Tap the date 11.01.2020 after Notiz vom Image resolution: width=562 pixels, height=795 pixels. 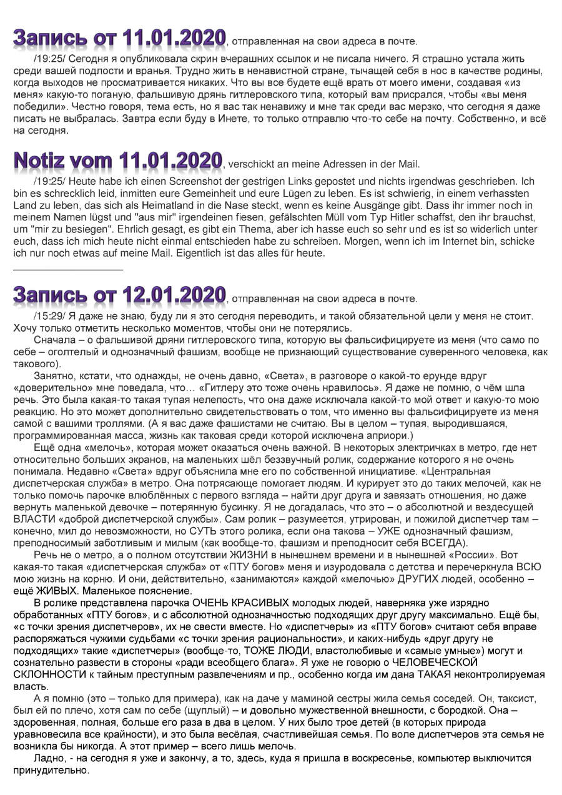click(x=172, y=160)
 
